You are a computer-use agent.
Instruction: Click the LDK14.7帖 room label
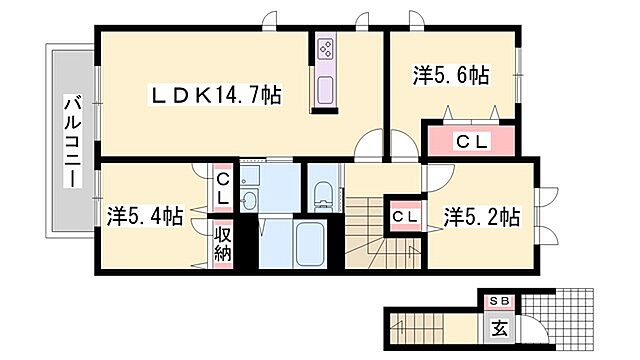pyautogui.click(x=214, y=95)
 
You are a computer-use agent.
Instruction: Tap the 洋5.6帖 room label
pyautogui.click(x=452, y=76)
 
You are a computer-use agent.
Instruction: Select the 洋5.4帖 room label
pyautogui.click(x=145, y=215)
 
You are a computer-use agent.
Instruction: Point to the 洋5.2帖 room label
pyautogui.click(x=483, y=216)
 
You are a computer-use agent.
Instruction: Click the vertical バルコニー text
pyautogui.click(x=72, y=140)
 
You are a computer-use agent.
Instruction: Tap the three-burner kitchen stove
pyautogui.click(x=326, y=48)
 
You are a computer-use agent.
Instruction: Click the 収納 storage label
pyautogui.click(x=223, y=244)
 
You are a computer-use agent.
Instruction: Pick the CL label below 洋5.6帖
pyautogui.click(x=470, y=142)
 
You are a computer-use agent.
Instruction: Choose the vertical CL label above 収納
pyautogui.click(x=223, y=188)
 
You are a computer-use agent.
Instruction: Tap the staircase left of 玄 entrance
pyautogui.click(x=414, y=325)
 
